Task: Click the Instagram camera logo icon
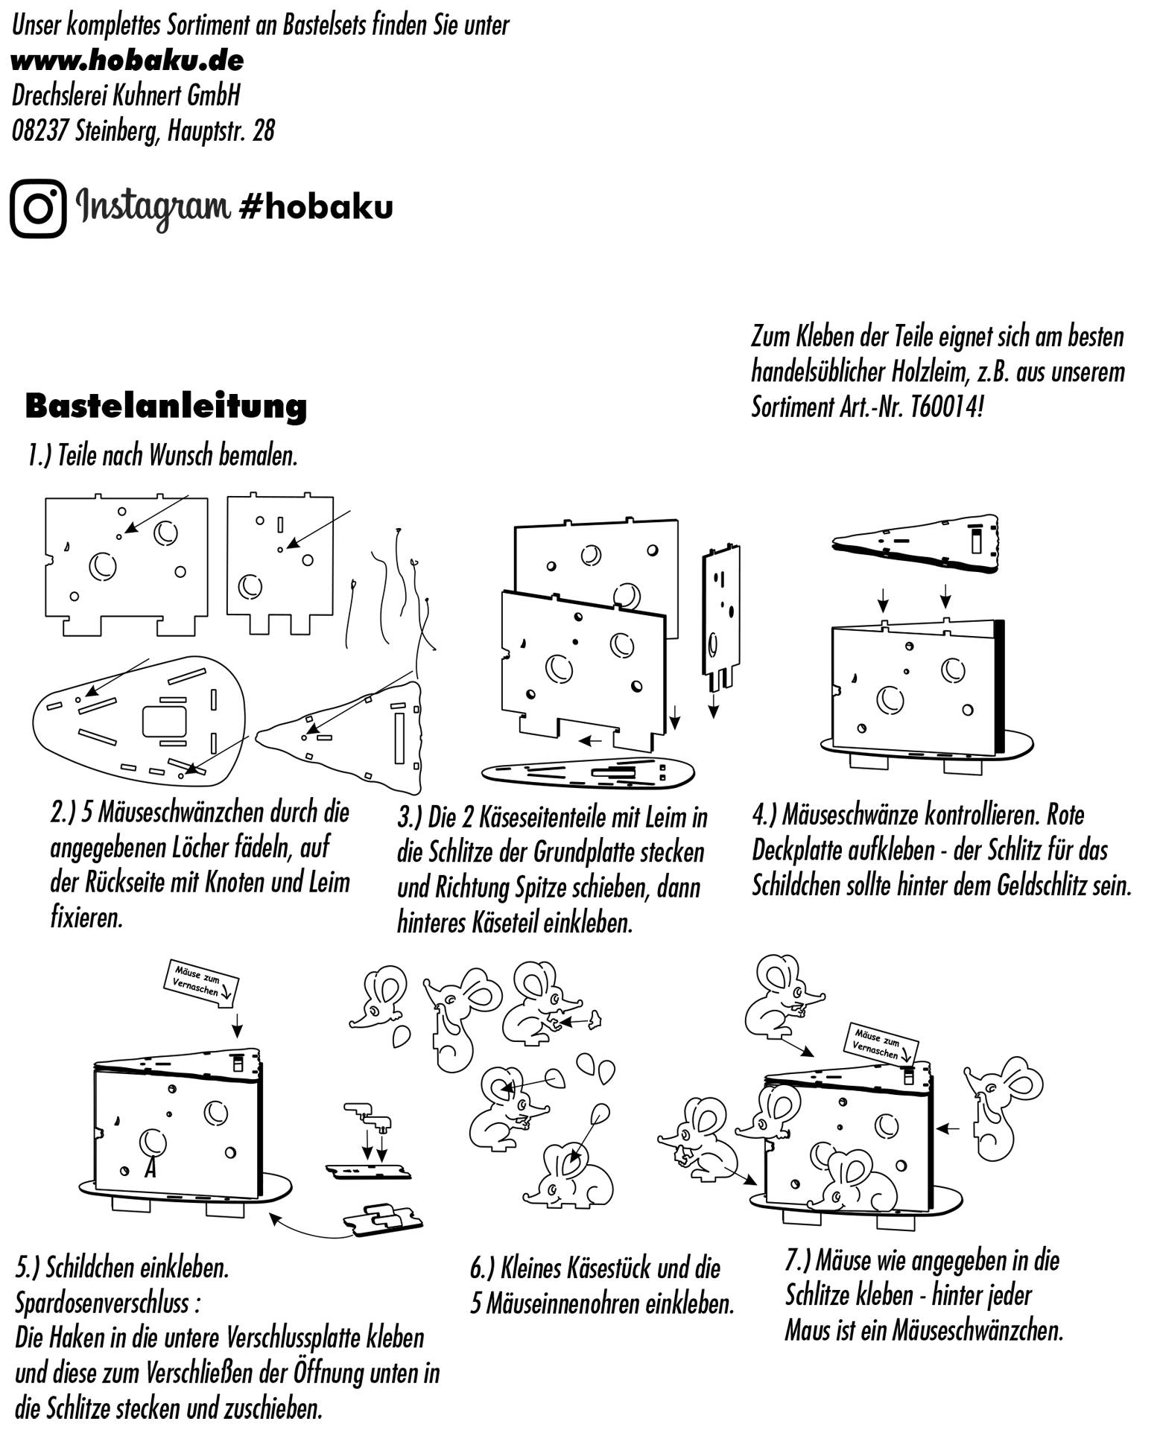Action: click(x=38, y=208)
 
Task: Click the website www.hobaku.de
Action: click(x=127, y=60)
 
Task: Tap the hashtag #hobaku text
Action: click(x=315, y=207)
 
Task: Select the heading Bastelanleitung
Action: click(x=165, y=407)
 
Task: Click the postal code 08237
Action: click(x=40, y=131)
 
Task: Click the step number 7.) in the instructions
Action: click(x=798, y=1261)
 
